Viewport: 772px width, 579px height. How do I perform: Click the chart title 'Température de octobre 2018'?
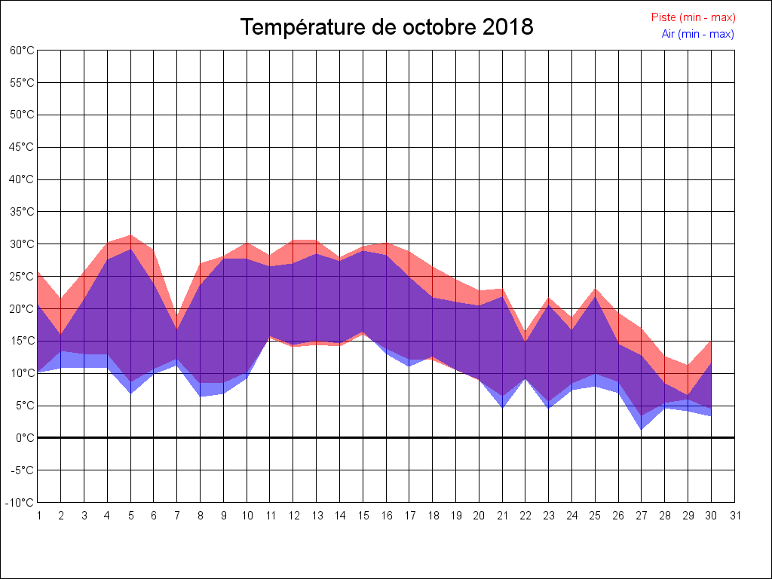(386, 27)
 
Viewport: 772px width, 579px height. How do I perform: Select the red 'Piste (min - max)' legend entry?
(693, 17)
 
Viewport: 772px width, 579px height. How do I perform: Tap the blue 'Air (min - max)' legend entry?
(697, 34)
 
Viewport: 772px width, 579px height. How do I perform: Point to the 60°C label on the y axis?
(22, 50)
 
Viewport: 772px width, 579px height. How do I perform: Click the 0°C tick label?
(25, 437)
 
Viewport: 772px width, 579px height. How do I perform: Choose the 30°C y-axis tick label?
(22, 244)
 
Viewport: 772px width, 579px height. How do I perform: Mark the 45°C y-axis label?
(22, 147)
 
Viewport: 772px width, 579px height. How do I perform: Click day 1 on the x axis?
(38, 516)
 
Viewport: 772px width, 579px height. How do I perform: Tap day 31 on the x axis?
(735, 516)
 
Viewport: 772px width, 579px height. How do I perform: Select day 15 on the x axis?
(363, 516)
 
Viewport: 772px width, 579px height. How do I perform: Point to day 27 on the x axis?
(642, 516)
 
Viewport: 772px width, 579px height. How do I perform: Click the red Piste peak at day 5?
(131, 235)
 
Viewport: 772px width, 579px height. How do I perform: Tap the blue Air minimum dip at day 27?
(642, 429)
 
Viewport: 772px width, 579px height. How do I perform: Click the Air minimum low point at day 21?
(502, 407)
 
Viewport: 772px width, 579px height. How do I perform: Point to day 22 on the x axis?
(525, 516)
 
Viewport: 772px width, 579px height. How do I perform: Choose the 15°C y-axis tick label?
(22, 341)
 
